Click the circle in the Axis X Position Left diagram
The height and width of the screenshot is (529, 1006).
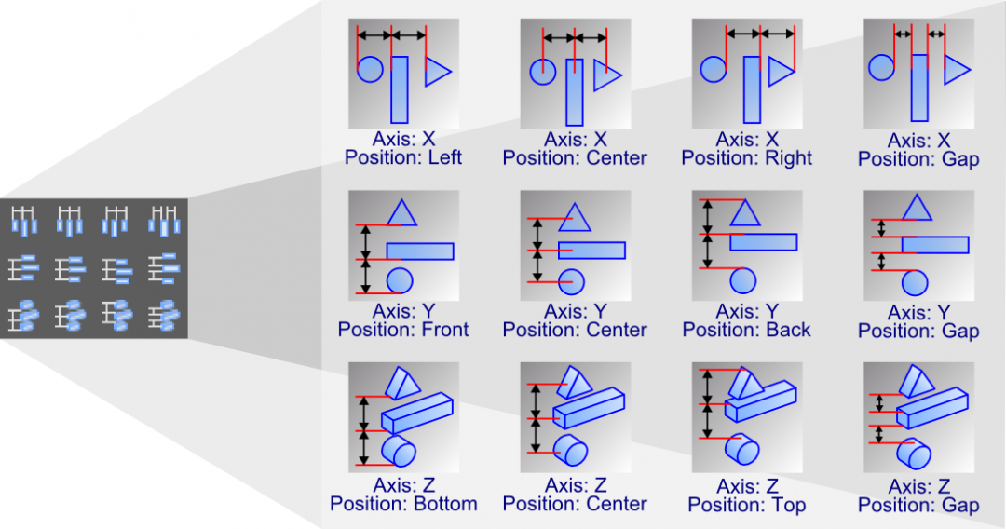(370, 68)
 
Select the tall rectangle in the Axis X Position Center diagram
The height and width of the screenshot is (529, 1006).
(575, 92)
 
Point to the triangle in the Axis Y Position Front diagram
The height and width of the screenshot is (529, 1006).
(401, 213)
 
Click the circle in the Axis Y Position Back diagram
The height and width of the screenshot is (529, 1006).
(742, 279)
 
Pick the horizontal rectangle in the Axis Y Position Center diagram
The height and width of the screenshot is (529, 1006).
(591, 251)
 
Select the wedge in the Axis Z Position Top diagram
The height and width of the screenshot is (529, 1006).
(744, 382)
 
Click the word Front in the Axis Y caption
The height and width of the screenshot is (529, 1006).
(446, 330)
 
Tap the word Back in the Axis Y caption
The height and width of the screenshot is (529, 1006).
(789, 330)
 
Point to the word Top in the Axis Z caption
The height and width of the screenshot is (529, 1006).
(788, 505)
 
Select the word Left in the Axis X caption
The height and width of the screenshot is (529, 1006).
(444, 158)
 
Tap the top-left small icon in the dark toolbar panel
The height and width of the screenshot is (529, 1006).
(24, 221)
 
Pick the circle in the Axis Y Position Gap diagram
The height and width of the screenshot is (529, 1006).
(916, 280)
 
